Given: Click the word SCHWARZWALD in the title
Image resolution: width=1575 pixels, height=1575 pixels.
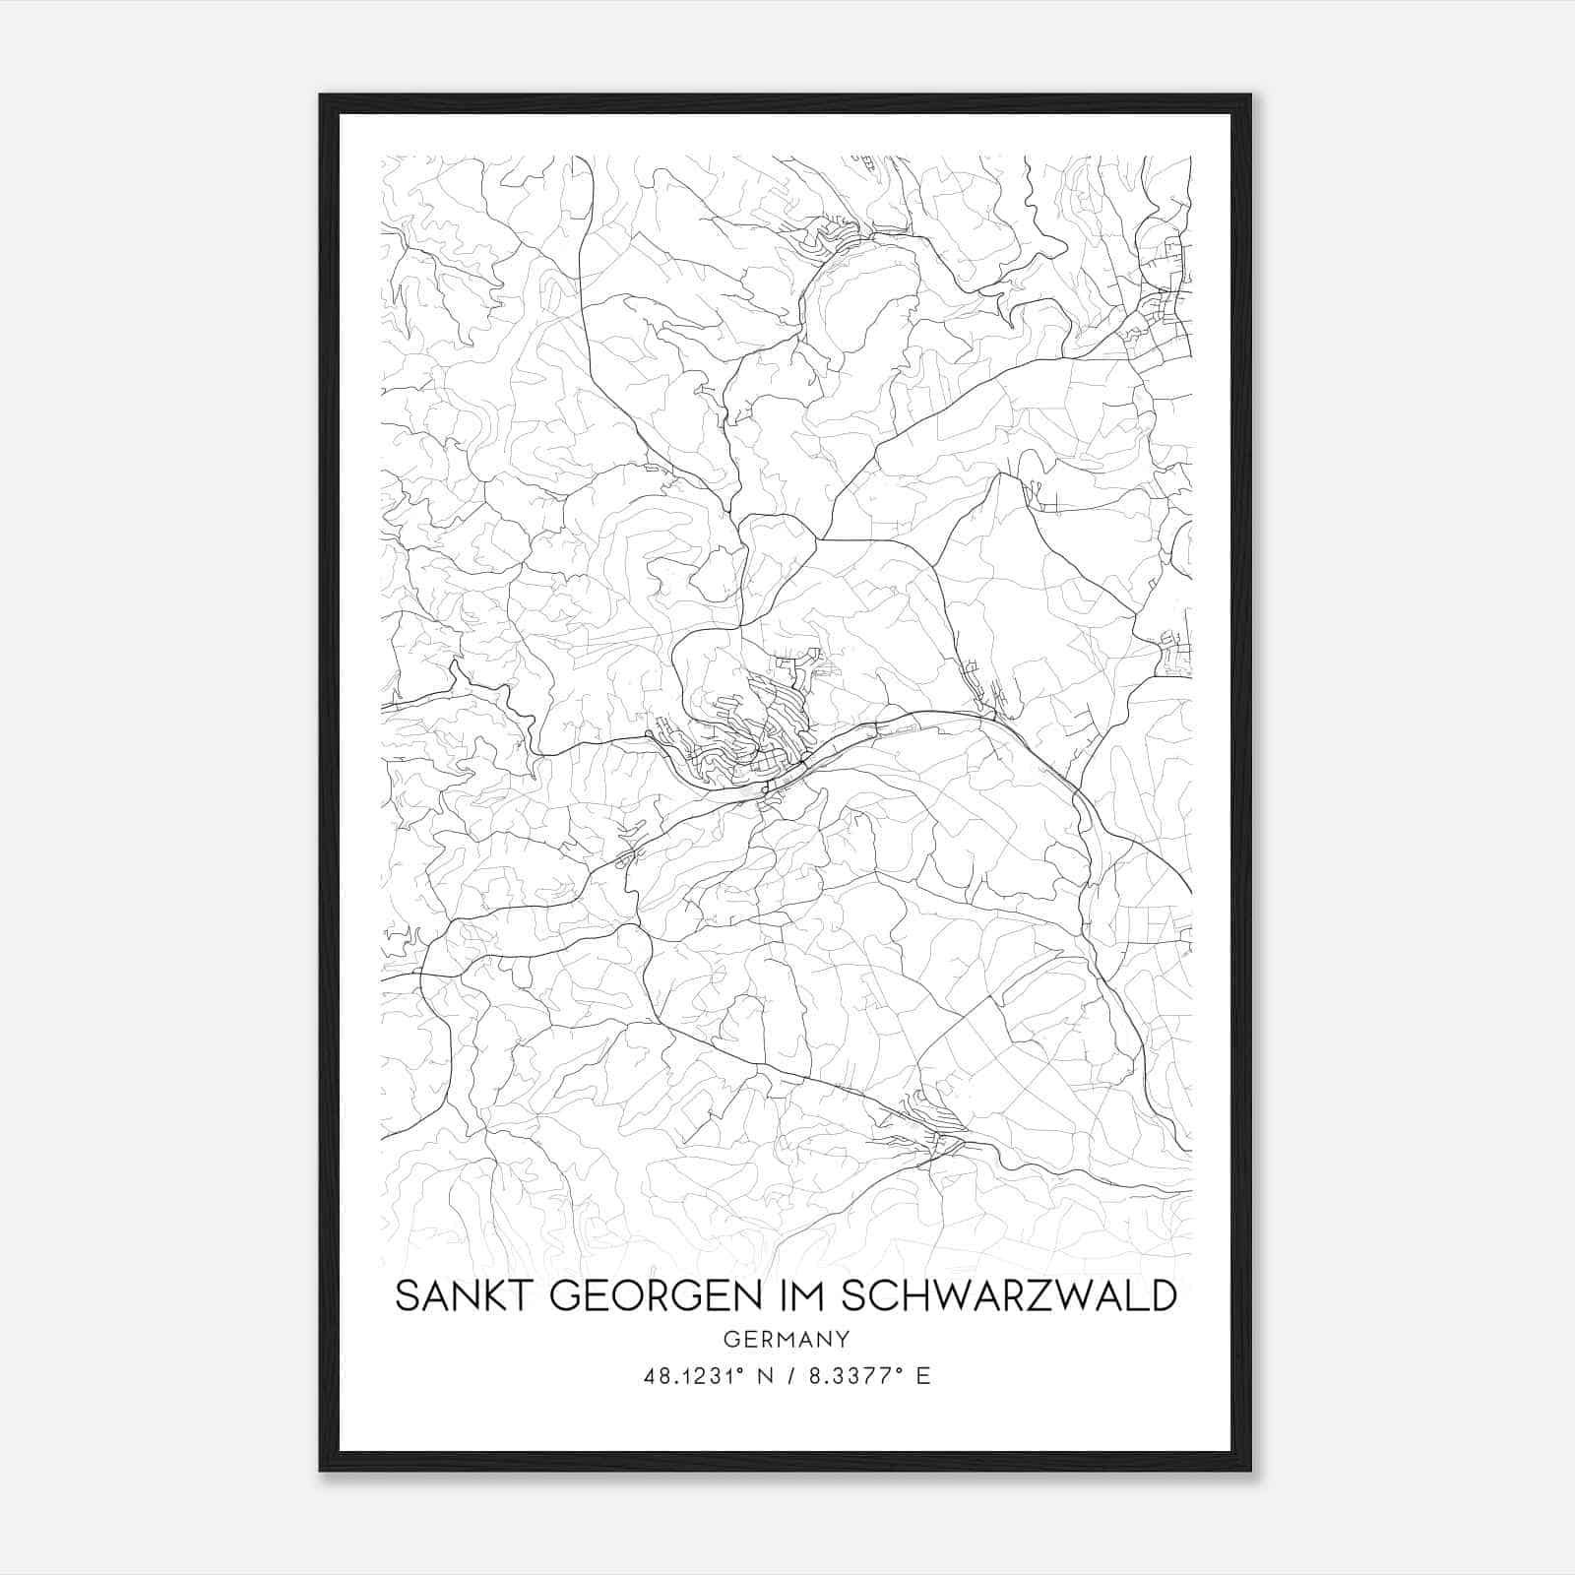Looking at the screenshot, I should pos(1009,1296).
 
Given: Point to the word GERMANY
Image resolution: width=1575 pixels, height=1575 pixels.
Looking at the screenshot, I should pos(786,1339).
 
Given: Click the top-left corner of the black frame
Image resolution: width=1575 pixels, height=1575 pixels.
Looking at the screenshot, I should pos(322,96).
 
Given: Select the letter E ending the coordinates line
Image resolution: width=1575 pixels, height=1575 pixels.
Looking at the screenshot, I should pos(922,1376).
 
